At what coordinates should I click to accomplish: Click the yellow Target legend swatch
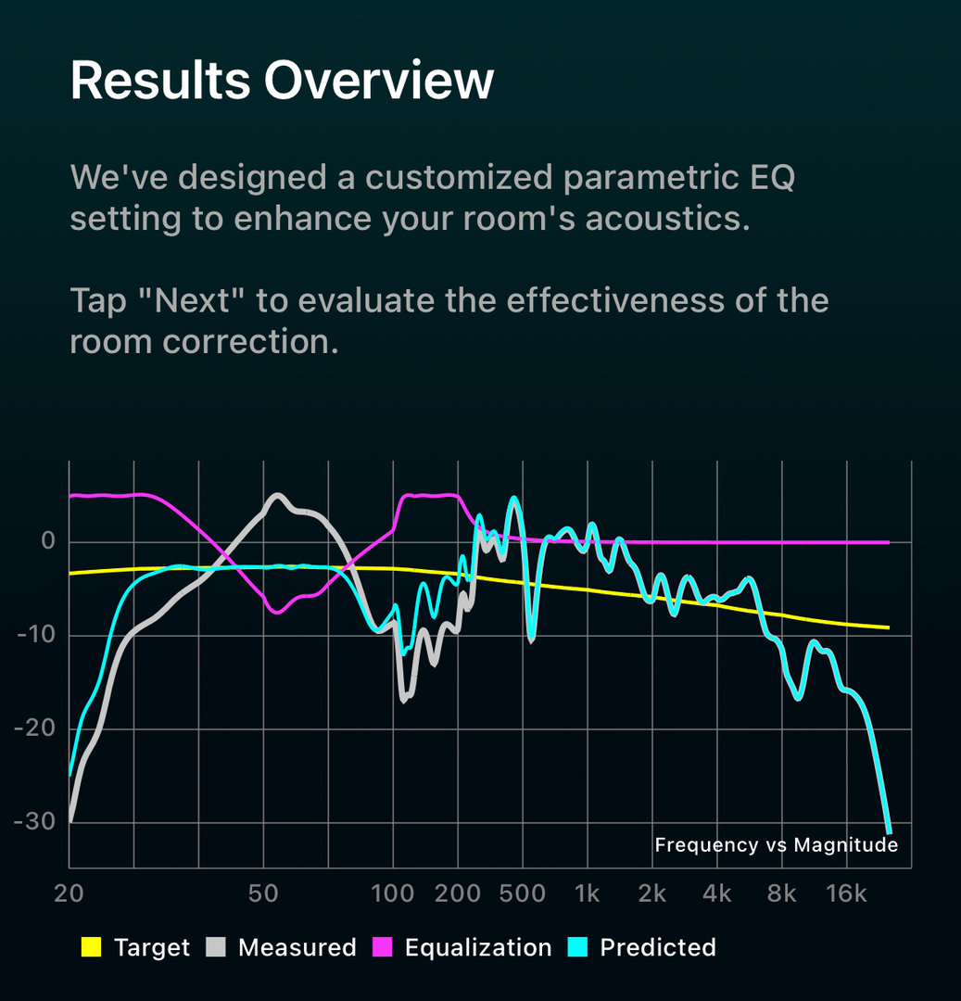[91, 947]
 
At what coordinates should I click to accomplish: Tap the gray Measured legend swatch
[215, 947]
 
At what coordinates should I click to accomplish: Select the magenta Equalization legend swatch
[382, 947]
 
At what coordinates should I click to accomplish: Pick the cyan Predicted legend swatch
[576, 947]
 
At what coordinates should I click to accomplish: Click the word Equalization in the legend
[478, 947]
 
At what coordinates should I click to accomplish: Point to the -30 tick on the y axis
[35, 822]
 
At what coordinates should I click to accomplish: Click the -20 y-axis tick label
[35, 729]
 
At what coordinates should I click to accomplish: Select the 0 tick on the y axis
[48, 542]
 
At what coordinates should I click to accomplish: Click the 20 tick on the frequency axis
[70, 894]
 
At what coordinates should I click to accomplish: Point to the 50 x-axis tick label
[264, 894]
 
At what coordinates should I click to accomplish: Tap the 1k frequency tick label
[587, 894]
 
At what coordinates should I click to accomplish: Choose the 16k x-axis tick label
[846, 894]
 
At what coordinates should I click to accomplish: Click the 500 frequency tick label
[522, 894]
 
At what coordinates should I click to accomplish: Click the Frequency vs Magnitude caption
[776, 844]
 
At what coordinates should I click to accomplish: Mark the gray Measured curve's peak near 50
[276, 495]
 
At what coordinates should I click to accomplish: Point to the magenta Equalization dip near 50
[275, 612]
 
